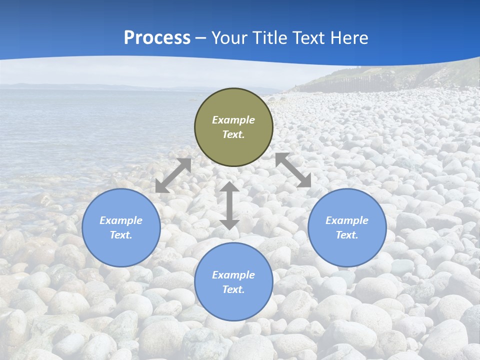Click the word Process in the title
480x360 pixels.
(157, 38)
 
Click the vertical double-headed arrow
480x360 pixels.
(229, 205)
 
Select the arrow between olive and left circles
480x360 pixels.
(173, 175)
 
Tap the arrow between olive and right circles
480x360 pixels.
(293, 170)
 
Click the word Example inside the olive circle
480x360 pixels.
(233, 120)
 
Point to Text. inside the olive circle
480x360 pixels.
(233, 134)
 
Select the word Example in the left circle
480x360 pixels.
(121, 220)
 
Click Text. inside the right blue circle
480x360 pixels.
(347, 235)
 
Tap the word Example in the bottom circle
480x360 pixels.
(233, 275)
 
